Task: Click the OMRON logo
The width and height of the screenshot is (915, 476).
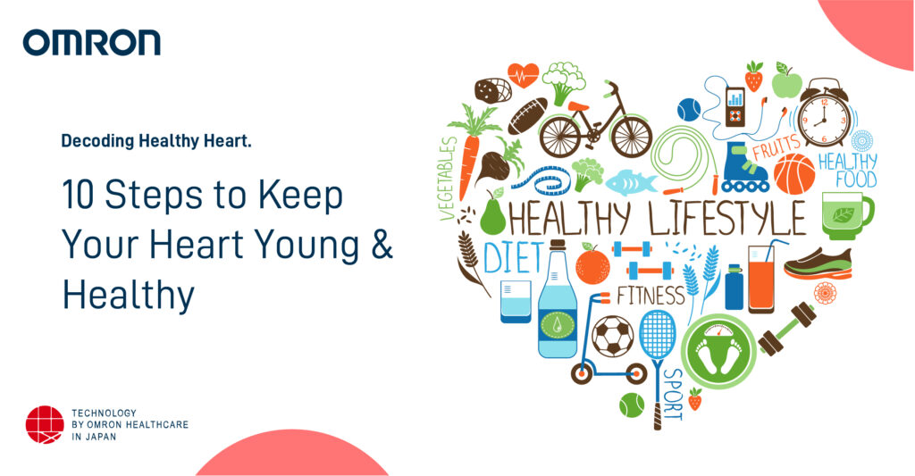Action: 92,42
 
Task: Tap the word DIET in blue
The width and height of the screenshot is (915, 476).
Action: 513,258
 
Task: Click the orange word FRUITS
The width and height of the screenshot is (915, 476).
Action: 777,146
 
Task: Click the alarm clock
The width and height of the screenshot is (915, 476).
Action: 821,113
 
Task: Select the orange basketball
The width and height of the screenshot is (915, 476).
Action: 794,174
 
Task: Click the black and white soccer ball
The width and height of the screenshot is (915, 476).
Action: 612,337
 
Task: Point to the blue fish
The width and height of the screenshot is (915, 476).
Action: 631,182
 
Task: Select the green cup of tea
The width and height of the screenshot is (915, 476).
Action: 845,215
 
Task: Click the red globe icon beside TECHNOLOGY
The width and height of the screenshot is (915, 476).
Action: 45,424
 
